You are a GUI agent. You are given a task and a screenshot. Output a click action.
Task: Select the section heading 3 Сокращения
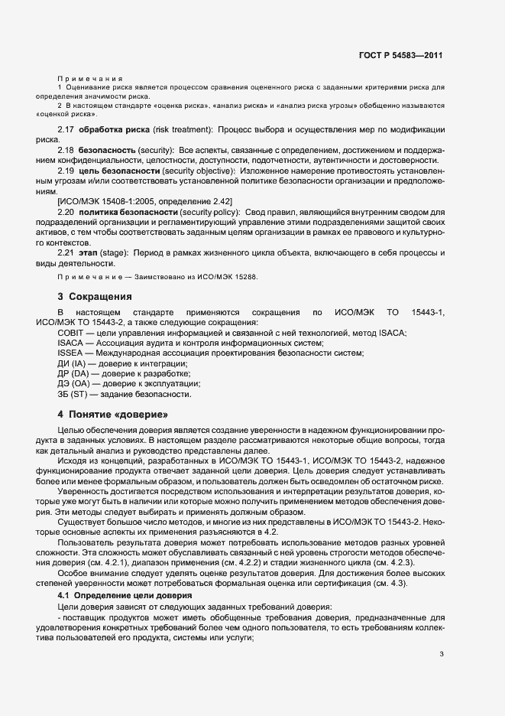point(95,296)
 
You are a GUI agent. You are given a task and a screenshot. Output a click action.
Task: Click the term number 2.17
point(66,131)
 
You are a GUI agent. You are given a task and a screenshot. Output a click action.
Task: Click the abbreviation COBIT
point(70,333)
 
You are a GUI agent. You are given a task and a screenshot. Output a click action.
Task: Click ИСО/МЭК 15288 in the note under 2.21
point(225,277)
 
